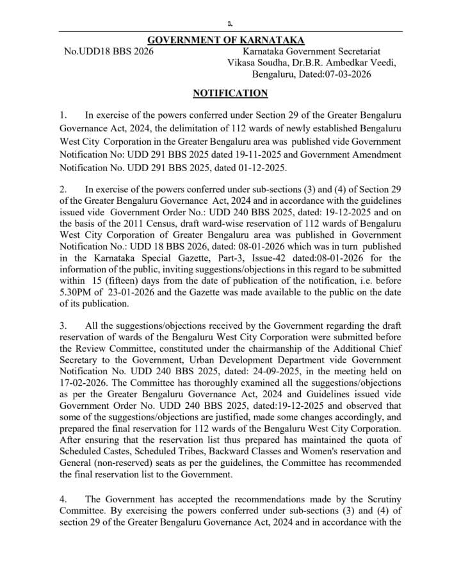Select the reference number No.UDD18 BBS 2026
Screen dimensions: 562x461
pyautogui.click(x=109, y=51)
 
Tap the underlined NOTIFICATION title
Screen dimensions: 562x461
pyautogui.click(x=230, y=94)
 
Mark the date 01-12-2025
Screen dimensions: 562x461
pyautogui.click(x=258, y=168)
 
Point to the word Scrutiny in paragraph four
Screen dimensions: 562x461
pyautogui.click(x=381, y=499)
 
